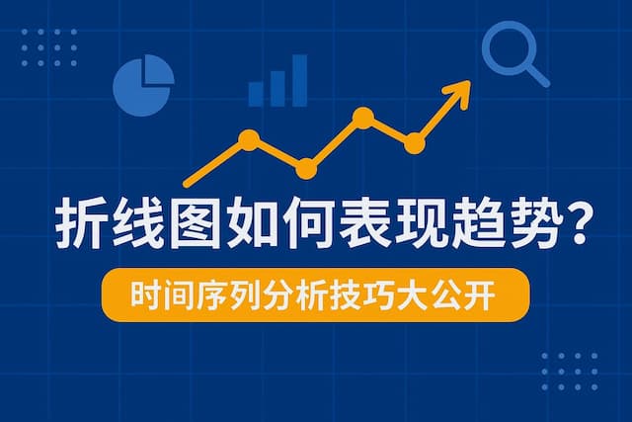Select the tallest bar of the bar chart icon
tap(299, 79)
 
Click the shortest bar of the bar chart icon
tap(256, 94)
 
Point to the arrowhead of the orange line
tap(459, 94)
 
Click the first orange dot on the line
tap(249, 139)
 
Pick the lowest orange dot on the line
tap(307, 169)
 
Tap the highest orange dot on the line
tap(363, 119)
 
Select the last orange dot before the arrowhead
tap(415, 144)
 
